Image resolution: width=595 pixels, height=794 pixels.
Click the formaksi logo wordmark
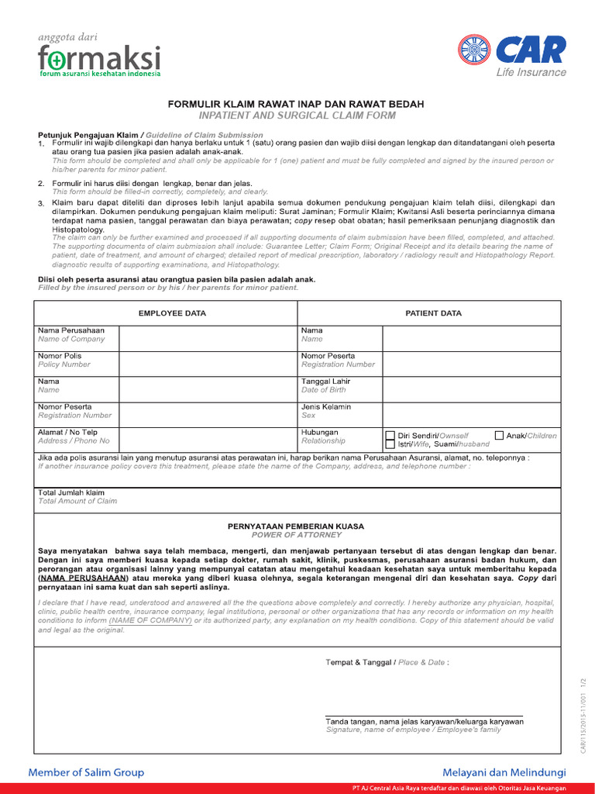99,57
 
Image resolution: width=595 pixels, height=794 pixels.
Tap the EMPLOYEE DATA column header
172,313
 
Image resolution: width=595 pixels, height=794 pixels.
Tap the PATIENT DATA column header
433,313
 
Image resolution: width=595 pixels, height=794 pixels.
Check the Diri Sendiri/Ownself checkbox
390,436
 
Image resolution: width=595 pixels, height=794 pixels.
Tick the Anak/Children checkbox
499,436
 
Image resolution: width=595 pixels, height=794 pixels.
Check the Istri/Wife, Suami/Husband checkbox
390,445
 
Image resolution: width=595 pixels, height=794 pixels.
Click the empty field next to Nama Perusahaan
207,338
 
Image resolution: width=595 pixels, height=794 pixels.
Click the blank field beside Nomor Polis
207,364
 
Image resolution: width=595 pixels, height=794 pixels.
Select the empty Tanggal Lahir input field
470,389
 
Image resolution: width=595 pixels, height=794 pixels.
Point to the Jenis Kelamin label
325,407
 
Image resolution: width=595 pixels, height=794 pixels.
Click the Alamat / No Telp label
67,433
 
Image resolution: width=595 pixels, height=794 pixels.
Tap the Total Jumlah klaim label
71,493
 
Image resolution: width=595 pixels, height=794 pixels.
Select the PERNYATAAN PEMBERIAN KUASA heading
296,526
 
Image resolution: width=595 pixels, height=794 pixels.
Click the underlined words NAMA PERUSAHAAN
85,578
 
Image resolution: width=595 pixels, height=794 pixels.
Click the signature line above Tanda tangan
423,715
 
